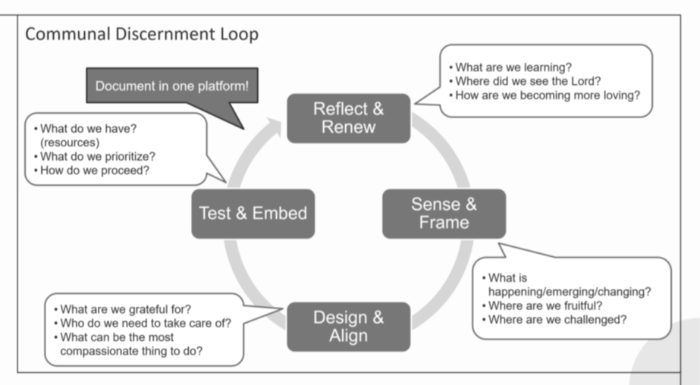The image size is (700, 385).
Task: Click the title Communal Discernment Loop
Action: [142, 34]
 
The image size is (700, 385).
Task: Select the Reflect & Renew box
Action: [349, 118]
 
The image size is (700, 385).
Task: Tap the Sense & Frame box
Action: [444, 214]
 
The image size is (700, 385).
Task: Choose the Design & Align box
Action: [349, 327]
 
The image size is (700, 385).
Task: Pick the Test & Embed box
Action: [253, 214]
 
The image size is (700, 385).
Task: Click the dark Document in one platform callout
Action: [172, 86]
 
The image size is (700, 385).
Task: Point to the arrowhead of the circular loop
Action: [272, 126]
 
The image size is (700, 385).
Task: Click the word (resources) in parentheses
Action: [70, 142]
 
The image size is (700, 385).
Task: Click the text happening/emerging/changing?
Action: [570, 292]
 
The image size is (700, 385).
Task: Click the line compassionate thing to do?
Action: [131, 351]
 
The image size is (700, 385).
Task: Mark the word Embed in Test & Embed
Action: [279, 213]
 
